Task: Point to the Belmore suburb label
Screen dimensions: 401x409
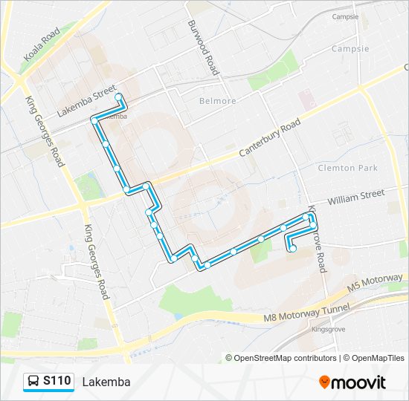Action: click(x=218, y=101)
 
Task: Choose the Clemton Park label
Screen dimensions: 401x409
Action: click(x=348, y=168)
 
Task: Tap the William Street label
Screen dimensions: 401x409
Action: click(x=355, y=197)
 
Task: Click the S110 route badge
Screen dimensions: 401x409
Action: click(x=57, y=382)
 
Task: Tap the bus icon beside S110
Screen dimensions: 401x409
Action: click(x=33, y=382)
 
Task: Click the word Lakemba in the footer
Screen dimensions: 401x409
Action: click(x=106, y=382)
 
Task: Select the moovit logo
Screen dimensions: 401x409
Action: click(x=353, y=382)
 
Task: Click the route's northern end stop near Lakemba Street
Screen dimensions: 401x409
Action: click(x=118, y=97)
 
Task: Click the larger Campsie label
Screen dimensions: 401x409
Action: click(x=350, y=49)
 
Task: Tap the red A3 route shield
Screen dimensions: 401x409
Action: click(x=405, y=66)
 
